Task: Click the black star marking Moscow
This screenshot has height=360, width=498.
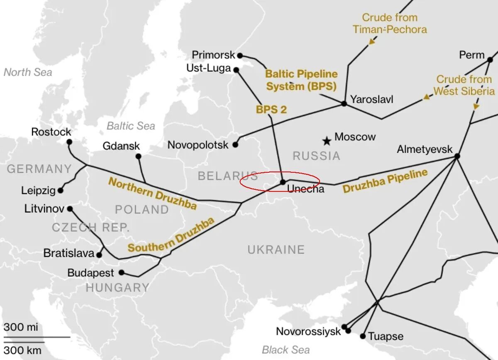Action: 327,141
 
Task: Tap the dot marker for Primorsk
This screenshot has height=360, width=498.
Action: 239,55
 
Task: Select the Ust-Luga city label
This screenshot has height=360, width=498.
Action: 208,68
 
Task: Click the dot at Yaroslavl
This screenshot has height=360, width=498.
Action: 344,103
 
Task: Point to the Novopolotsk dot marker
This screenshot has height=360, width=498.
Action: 235,145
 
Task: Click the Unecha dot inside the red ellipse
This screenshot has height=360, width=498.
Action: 283,182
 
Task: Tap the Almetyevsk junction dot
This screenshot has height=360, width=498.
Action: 457,156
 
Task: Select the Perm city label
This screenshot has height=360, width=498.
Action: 472,55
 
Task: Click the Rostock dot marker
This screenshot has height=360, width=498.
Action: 69,142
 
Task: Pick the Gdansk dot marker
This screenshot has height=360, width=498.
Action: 138,157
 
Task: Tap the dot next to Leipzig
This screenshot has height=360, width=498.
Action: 61,191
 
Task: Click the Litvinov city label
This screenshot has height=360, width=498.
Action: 44,209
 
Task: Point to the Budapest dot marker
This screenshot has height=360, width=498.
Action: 121,273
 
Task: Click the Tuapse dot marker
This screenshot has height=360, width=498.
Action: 363,336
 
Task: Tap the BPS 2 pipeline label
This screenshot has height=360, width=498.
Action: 271,110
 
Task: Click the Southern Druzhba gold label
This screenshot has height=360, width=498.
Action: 171,235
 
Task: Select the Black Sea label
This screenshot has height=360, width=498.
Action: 286,349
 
